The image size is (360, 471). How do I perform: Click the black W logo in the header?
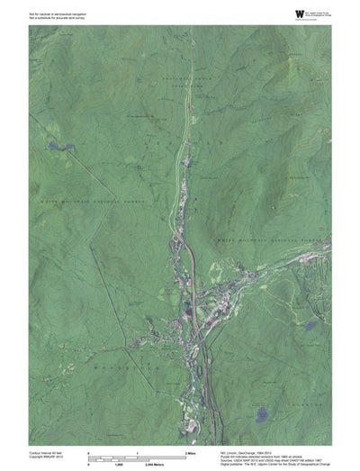pos(274,14)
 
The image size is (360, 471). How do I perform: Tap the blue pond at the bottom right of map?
pos(262,415)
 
